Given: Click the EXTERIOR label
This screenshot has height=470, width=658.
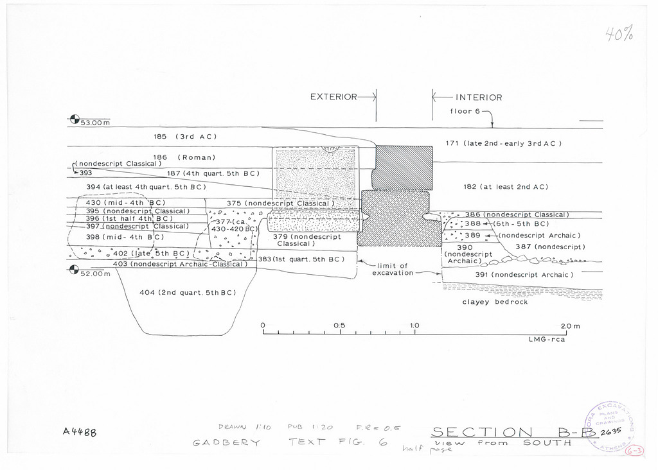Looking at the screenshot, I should point(333,97).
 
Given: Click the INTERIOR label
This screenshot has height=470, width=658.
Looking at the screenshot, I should point(479,98).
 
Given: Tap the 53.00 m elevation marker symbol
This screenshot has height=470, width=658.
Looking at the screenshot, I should point(75,119).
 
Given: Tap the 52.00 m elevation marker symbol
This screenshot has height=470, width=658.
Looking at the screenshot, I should point(75,270).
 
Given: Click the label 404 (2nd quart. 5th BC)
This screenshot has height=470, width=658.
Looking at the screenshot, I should point(188,293).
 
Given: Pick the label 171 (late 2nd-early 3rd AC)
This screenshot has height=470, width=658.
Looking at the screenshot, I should point(503,143).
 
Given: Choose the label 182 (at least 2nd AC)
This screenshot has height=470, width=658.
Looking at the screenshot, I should point(505,187).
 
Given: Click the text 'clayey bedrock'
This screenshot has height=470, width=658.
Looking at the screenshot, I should point(495,302).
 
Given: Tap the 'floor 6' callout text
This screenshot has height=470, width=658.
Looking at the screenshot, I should point(465,112).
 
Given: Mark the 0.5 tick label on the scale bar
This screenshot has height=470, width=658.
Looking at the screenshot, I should point(339,326).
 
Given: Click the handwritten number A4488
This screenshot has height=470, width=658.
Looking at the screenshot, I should point(80,433).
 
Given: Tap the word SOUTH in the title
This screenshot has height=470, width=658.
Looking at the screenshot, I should point(547,443).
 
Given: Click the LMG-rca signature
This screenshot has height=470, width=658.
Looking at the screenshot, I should point(547,340).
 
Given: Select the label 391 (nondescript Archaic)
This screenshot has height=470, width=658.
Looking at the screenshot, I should point(524,275).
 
